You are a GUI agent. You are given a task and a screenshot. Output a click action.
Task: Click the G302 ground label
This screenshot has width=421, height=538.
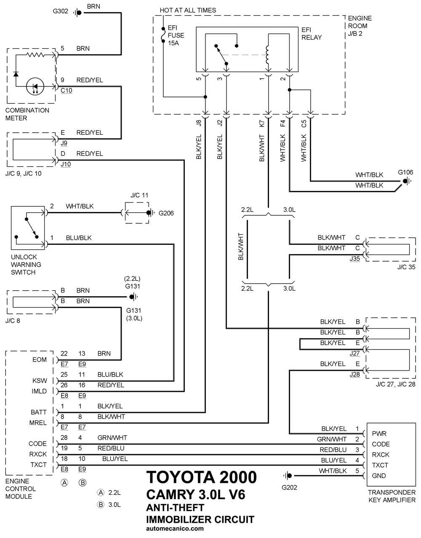coord(60,11)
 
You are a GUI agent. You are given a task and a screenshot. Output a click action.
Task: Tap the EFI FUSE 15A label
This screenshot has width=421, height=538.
coord(176,35)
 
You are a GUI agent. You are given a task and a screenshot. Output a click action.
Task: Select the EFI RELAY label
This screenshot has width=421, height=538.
coord(312,33)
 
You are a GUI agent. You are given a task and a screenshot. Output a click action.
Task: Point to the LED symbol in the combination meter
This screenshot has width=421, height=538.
coord(35,86)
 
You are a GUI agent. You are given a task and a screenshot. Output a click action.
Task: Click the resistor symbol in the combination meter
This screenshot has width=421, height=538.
coord(35,55)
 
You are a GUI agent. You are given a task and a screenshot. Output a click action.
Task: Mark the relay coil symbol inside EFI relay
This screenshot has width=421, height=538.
coord(267,55)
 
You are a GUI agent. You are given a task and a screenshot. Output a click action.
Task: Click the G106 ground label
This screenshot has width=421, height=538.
coord(405,172)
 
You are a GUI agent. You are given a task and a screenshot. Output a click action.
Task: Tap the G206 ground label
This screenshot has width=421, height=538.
coord(166,213)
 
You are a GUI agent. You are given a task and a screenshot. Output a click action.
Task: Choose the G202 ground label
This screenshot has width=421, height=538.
coord(289,487)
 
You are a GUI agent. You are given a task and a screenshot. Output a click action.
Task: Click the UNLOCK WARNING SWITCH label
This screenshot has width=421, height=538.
coord(26,265)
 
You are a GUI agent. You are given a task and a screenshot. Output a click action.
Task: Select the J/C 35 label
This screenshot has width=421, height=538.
coord(406,267)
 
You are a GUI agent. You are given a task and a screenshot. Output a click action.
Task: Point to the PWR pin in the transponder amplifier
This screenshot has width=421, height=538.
coord(379,434)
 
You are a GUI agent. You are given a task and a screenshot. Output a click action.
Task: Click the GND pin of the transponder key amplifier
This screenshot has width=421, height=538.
coord(379,476)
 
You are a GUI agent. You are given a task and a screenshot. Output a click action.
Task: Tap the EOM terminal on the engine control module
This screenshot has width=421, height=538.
coord(39,359)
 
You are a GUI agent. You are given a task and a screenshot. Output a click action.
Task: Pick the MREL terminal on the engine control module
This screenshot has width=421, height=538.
coord(37,423)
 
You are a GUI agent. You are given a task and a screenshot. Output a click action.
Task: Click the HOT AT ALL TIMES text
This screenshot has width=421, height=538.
coord(188,10)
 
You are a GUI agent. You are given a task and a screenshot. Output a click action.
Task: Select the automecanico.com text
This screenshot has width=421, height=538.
coord(175,528)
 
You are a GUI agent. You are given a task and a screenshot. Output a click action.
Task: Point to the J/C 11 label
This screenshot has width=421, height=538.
coord(139,195)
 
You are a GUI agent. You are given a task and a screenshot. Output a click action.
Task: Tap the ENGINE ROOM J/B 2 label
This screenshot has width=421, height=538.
coord(360,26)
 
